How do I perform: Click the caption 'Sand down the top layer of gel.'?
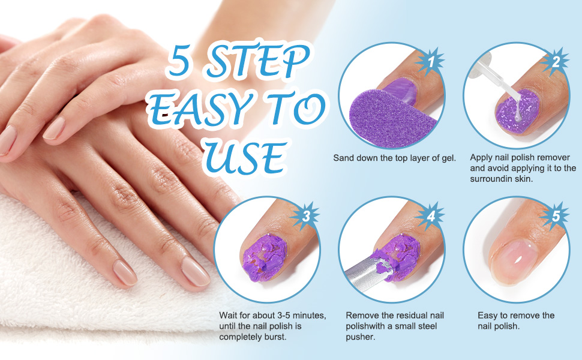pos(395,158)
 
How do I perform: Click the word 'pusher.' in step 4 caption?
pos(359,337)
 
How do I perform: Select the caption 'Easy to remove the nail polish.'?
pos(516,321)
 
